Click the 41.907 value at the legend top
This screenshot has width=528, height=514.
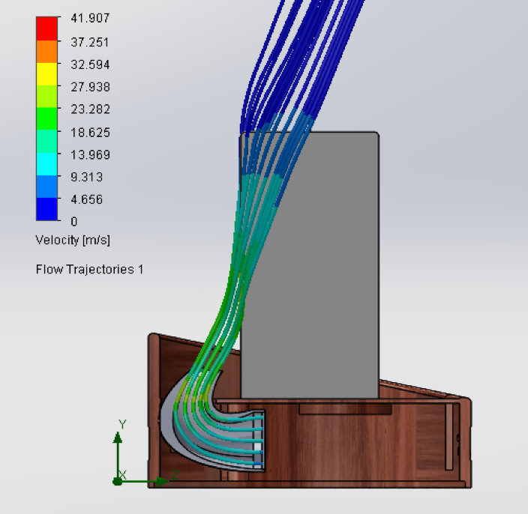(x=90, y=18)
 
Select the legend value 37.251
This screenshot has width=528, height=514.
(x=90, y=43)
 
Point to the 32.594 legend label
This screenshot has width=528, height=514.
(x=90, y=64)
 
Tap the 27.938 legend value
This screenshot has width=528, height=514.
(x=90, y=87)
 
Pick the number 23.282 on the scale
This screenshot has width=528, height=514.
(x=90, y=109)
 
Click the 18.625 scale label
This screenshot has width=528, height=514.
(x=90, y=133)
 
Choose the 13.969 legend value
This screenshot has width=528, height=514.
(x=90, y=155)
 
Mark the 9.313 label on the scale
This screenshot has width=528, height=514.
(x=86, y=177)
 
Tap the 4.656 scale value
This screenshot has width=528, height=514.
(x=86, y=199)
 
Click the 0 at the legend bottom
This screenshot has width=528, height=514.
(x=74, y=222)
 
